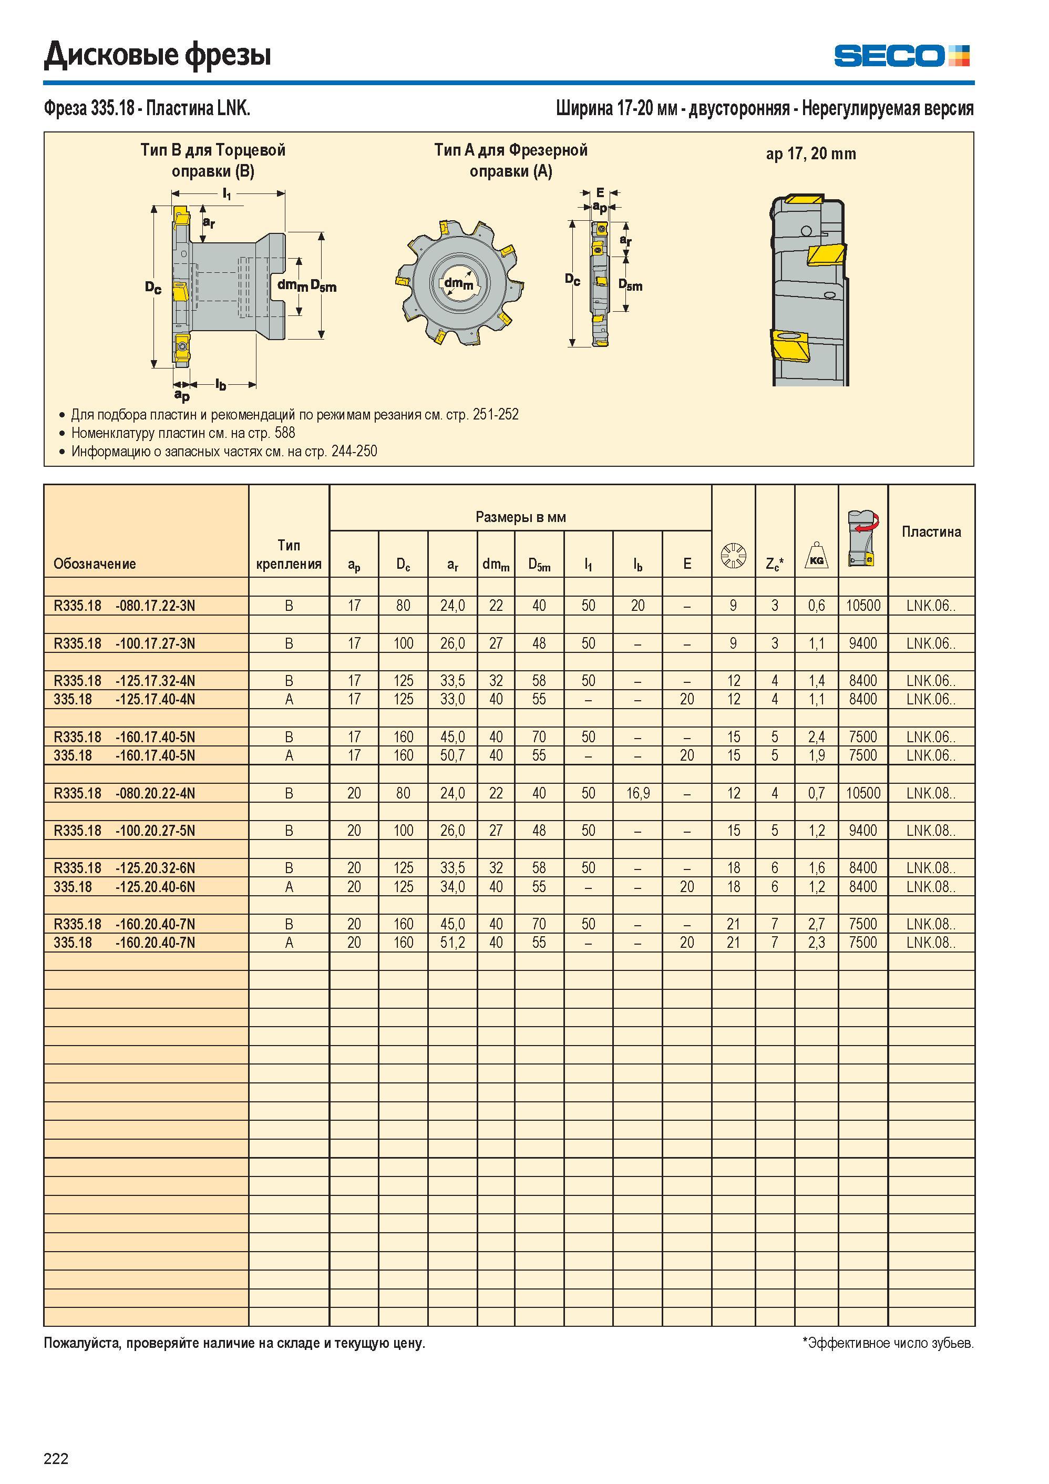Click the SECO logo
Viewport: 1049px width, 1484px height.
click(902, 56)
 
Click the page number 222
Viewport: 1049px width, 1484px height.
click(56, 1458)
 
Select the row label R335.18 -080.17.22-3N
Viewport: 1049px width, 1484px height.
click(124, 606)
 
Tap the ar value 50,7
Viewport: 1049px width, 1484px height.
click(452, 755)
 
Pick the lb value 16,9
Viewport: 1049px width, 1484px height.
click(637, 793)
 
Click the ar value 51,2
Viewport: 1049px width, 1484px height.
click(452, 943)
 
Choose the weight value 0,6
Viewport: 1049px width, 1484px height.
click(816, 606)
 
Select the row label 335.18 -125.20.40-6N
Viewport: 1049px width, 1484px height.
click(124, 887)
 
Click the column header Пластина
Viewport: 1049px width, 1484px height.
click(931, 532)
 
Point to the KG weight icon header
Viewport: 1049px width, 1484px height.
click(816, 555)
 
